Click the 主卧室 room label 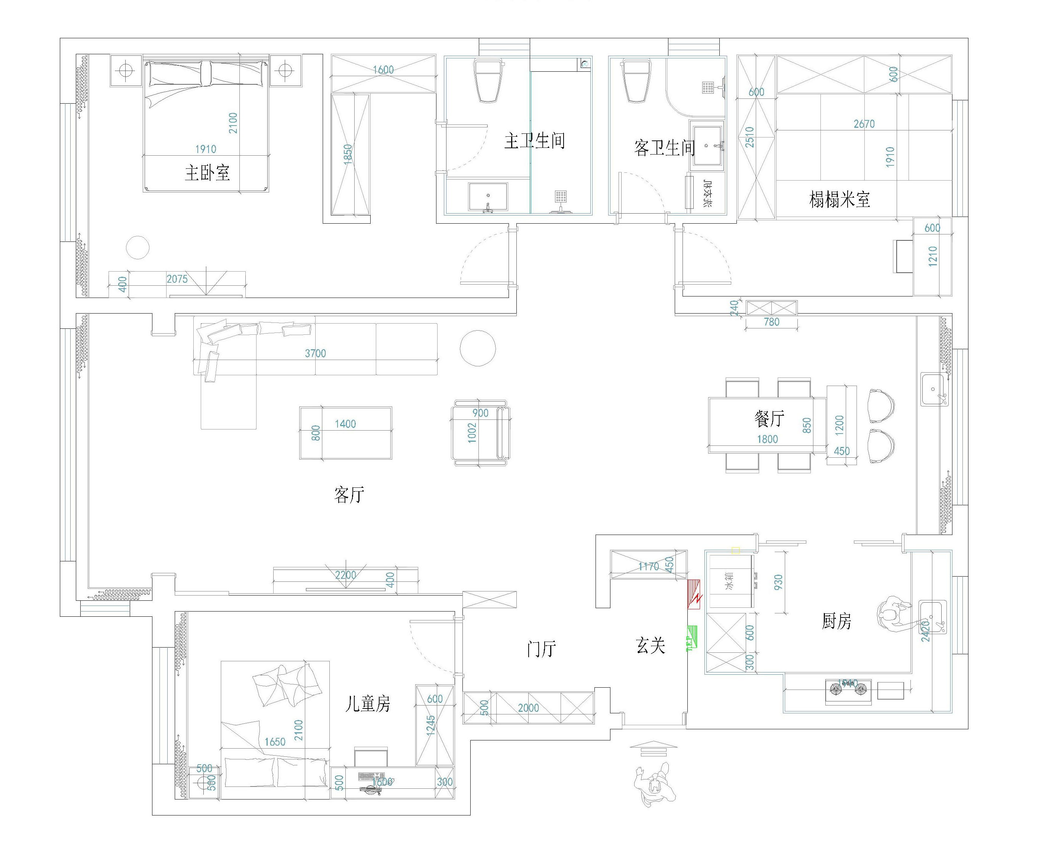207,172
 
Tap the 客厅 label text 349,494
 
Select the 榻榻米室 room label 839,199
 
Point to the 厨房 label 836,621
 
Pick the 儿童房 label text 367,704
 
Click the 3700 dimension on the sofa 315,353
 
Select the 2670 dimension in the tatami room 864,124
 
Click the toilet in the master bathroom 488,81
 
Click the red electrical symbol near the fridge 694,594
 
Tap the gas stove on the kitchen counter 848,690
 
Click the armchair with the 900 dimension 480,432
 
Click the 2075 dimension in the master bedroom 177,279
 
